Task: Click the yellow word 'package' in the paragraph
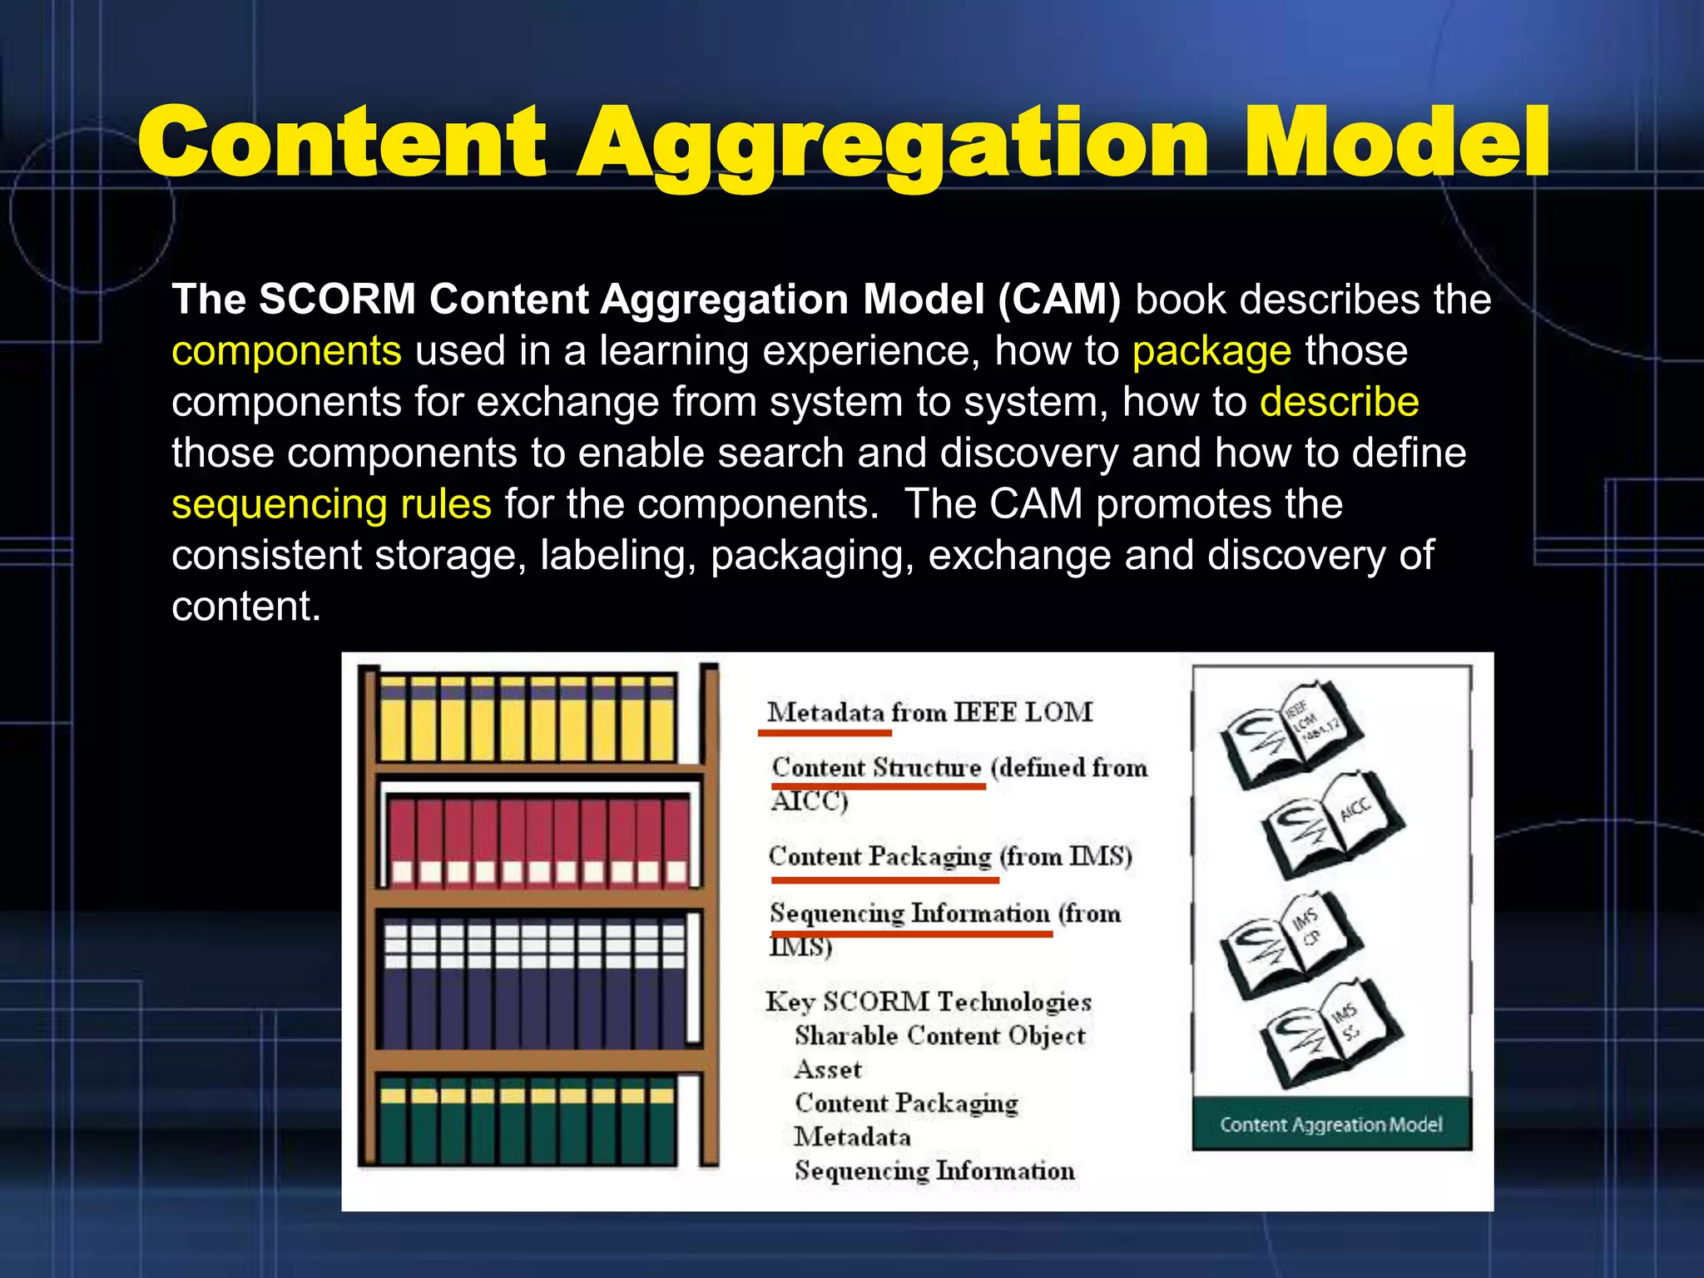pyautogui.click(x=1211, y=351)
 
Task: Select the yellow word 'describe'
pyautogui.click(x=1339, y=402)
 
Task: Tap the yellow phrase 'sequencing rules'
pyautogui.click(x=331, y=504)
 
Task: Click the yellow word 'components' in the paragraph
pyautogui.click(x=286, y=351)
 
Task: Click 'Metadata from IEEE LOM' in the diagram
pyautogui.click(x=929, y=712)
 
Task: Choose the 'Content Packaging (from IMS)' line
pyautogui.click(x=950, y=856)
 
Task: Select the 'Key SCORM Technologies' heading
pyautogui.click(x=929, y=1002)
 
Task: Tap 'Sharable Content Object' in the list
pyautogui.click(x=940, y=1036)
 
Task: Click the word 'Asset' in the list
pyautogui.click(x=828, y=1069)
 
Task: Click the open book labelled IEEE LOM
pyautogui.click(x=1290, y=732)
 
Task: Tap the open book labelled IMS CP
pyautogui.click(x=1290, y=944)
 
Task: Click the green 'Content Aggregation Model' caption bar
pyautogui.click(x=1331, y=1125)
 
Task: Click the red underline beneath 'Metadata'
pyautogui.click(x=825, y=733)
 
